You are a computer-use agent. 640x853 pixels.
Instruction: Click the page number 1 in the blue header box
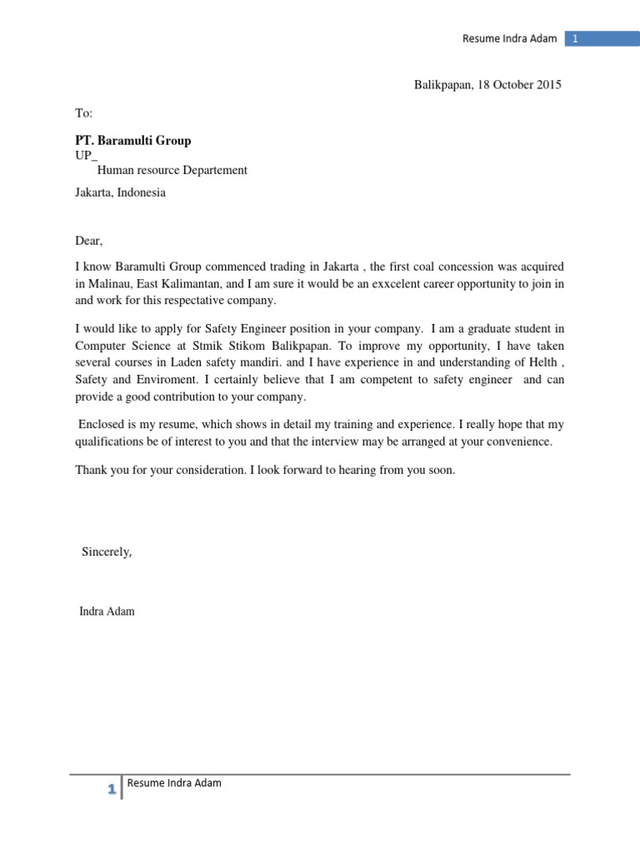pyautogui.click(x=575, y=38)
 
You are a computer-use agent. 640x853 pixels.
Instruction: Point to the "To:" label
pyautogui.click(x=84, y=112)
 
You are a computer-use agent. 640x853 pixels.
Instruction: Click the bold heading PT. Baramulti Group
pyautogui.click(x=133, y=140)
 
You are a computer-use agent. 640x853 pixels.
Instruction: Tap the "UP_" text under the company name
pyautogui.click(x=86, y=156)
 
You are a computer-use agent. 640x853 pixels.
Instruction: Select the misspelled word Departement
pyautogui.click(x=212, y=170)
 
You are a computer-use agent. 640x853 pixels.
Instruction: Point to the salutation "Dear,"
pyautogui.click(x=88, y=241)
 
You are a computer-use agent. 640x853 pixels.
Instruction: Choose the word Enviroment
pyautogui.click(x=165, y=379)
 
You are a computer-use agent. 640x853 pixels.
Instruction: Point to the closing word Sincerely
pyautogui.click(x=106, y=551)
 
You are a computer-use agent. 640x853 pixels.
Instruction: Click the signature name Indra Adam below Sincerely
pyautogui.click(x=107, y=611)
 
